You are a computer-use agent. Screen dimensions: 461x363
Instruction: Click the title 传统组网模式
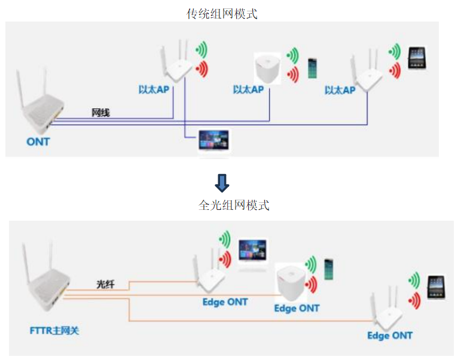tap(222, 14)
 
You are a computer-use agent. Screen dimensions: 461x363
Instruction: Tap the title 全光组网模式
tap(234, 205)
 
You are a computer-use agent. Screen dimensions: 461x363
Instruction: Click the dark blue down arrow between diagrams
tap(222, 183)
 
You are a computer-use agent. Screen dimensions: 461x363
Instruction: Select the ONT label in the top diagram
tap(38, 142)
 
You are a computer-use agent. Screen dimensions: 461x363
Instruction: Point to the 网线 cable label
tap(100, 112)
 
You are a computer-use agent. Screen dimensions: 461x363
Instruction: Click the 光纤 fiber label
tap(105, 284)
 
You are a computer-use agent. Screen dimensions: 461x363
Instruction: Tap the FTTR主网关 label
tap(54, 331)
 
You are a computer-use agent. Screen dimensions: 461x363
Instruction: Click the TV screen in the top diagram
tap(213, 141)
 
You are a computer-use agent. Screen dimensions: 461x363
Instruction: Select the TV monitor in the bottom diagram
tap(252, 251)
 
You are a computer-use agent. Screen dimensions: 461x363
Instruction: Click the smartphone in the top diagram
tap(312, 69)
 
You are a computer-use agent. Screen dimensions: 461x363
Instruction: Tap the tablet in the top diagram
tap(417, 58)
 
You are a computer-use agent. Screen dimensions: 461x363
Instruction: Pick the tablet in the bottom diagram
tap(436, 288)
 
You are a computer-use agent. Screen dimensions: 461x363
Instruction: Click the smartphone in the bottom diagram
tap(329, 270)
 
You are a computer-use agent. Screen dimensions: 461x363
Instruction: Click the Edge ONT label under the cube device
tap(297, 309)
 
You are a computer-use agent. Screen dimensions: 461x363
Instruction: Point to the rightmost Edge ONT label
tap(390, 335)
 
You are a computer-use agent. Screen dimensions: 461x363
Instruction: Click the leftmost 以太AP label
tap(154, 90)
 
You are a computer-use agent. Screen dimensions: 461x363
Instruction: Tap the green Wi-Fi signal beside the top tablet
tap(395, 51)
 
